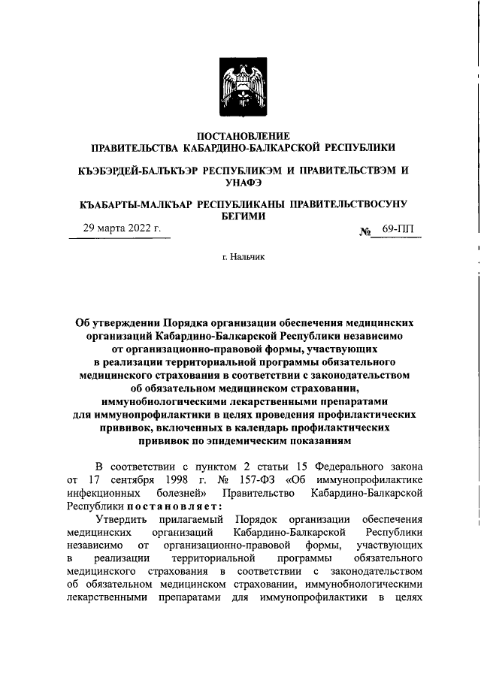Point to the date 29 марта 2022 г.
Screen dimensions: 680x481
coord(121,228)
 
